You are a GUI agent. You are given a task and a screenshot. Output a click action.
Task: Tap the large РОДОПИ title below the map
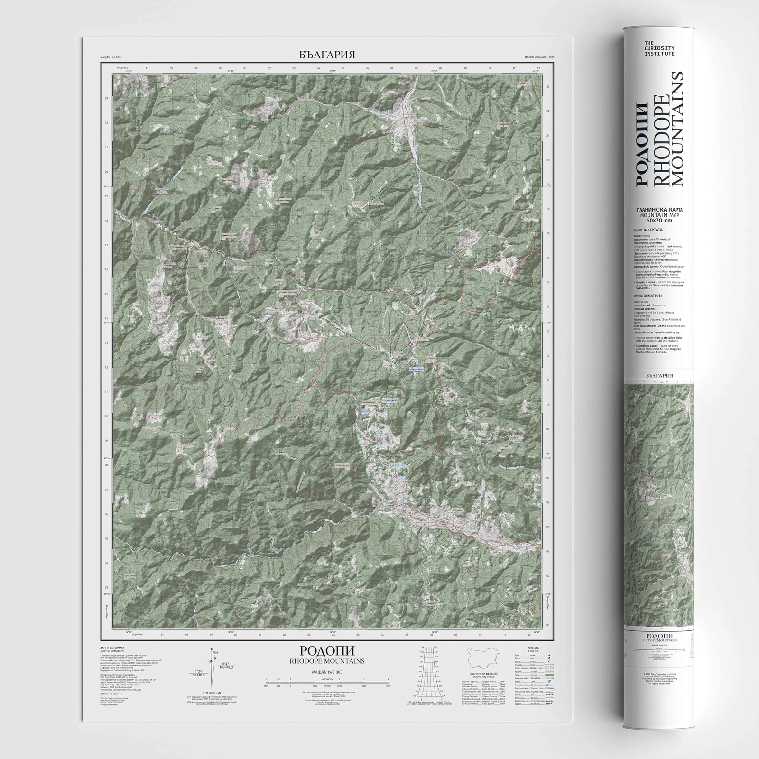pyautogui.click(x=327, y=651)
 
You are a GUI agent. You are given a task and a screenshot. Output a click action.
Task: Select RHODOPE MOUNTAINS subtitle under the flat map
pyautogui.click(x=327, y=661)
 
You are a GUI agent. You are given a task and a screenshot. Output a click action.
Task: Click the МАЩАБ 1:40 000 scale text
pyautogui.click(x=327, y=672)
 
